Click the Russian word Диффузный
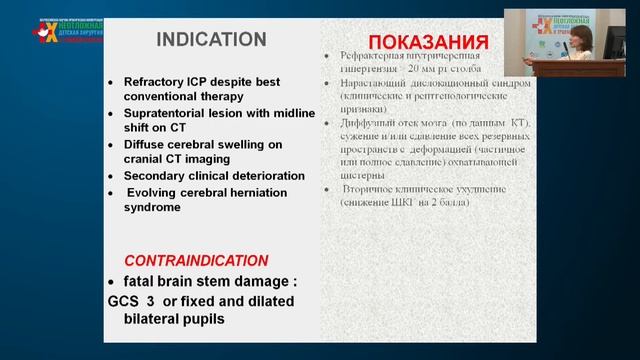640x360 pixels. pos(366,123)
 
